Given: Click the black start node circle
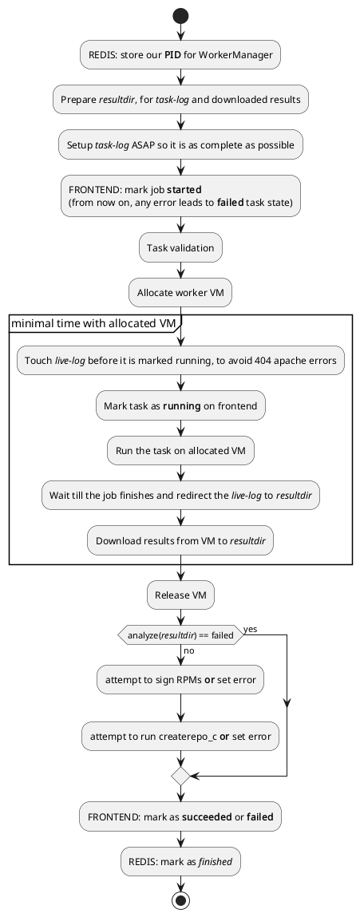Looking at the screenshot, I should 180,15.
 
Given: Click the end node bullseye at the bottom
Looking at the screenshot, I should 180,901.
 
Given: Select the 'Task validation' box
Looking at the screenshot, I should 180,248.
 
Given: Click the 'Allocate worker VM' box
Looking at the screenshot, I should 180,293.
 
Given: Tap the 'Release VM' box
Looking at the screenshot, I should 180,595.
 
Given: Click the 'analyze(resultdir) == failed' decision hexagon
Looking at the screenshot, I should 180,635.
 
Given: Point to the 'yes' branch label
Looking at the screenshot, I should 250,629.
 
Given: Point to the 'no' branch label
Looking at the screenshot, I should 189,650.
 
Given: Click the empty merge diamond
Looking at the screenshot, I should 180,775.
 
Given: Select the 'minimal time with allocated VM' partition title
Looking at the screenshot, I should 93,323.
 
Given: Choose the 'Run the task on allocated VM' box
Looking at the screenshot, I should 180,450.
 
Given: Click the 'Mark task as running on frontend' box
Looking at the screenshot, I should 180,406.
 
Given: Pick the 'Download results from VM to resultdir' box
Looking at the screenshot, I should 180,540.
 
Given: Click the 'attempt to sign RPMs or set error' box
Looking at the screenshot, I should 180,680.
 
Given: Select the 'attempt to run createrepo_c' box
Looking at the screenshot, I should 180,738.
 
